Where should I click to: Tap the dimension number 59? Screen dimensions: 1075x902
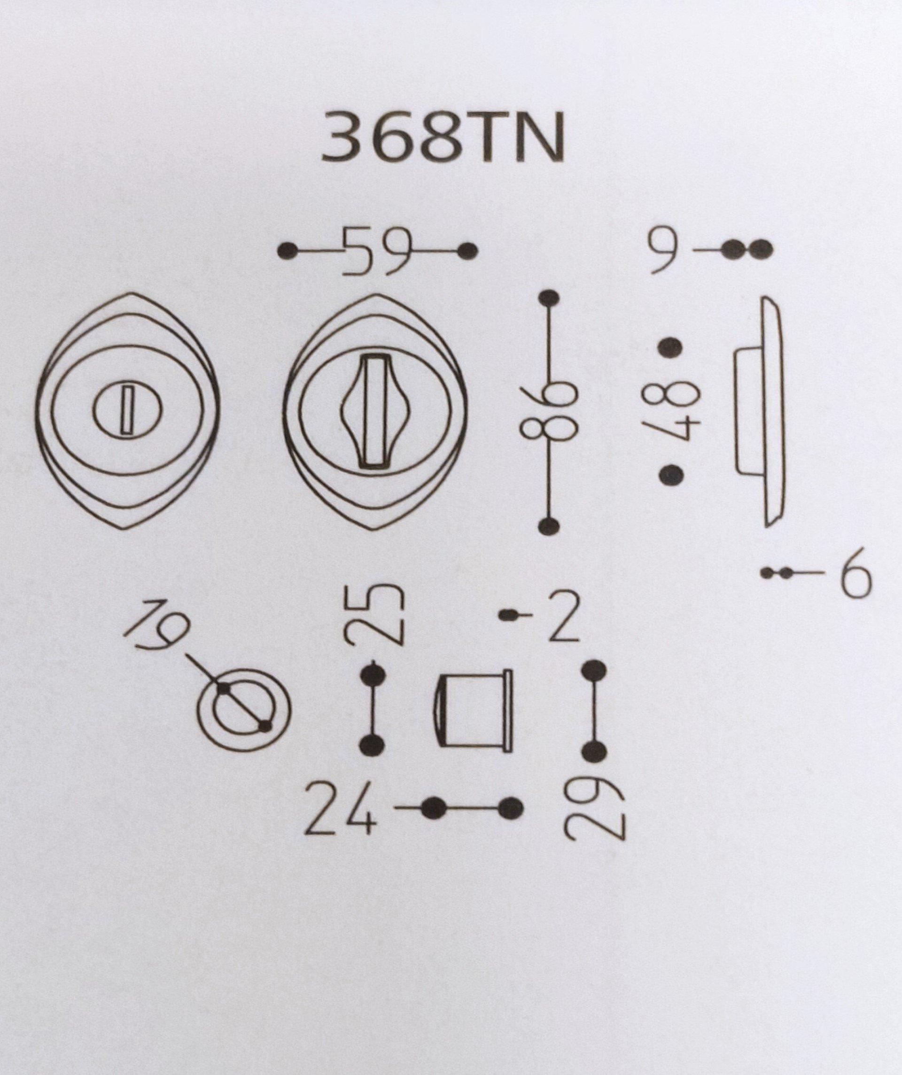pyautogui.click(x=377, y=251)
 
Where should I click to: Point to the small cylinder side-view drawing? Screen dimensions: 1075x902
pyautogui.click(x=473, y=711)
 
